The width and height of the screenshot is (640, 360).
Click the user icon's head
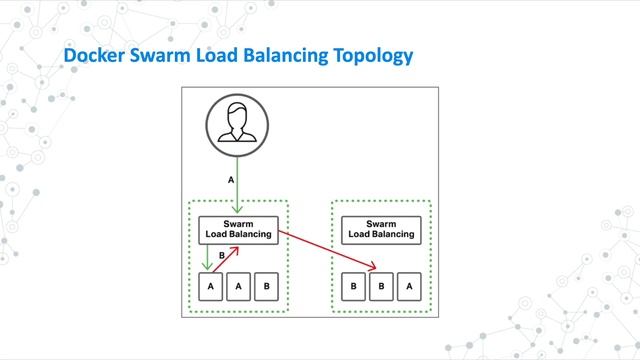coord(238,118)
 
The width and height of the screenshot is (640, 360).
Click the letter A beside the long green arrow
coord(231,180)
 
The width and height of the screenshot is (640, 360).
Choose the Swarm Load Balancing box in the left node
coord(238,229)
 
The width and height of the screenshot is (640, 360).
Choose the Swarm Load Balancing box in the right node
coord(380,229)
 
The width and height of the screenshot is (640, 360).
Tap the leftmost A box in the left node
coord(210,286)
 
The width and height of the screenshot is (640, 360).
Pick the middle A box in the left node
coord(238,286)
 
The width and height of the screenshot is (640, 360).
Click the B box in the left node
coord(266,286)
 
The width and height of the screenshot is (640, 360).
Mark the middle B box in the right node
coord(380,286)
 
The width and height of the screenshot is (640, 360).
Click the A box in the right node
coord(408,286)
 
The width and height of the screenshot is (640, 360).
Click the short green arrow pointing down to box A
coord(207,256)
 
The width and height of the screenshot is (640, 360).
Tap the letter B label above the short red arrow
coord(222,255)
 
